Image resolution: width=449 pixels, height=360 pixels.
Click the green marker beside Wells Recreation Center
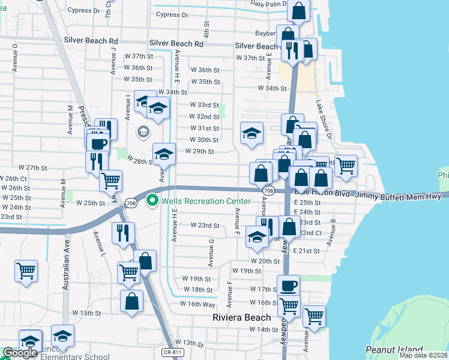pos(152,200)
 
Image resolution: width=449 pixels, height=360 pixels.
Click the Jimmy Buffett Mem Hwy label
pos(399,196)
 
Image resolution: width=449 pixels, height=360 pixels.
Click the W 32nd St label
pos(203,116)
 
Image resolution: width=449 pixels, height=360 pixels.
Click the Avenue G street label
pos(211,252)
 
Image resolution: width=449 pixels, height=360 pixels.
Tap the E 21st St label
pos(307,251)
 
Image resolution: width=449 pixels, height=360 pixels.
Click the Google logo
pos(20,353)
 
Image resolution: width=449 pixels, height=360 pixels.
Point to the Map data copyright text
pos(423,355)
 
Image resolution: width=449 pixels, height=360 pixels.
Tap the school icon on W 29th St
pos(164,154)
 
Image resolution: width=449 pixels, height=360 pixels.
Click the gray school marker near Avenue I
pos(144,131)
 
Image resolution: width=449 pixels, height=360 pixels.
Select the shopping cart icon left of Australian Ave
pos(26,271)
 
